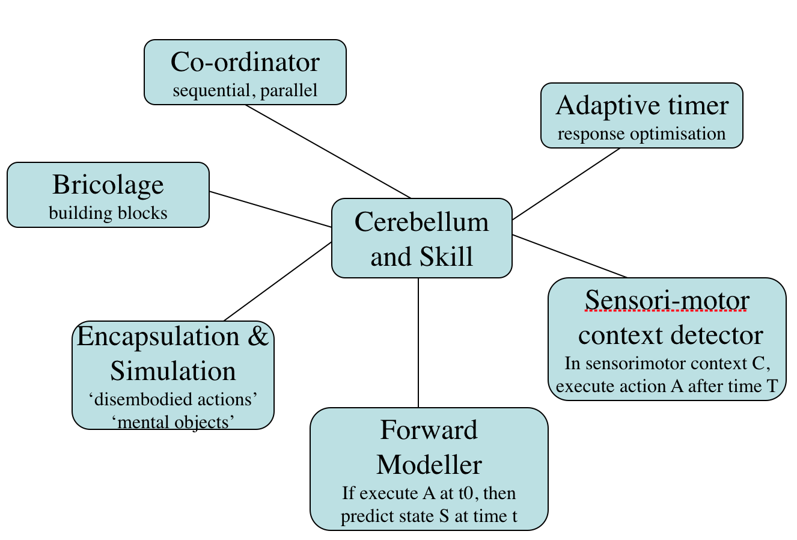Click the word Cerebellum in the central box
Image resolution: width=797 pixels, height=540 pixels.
pos(421,222)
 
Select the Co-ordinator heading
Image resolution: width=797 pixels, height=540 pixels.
pos(245,63)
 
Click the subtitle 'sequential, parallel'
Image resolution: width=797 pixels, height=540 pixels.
pos(245,91)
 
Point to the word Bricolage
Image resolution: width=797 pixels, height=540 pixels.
pos(108,185)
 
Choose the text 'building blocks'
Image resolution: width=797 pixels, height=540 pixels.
pos(108,213)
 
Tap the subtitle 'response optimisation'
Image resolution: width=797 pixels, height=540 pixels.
pos(642,133)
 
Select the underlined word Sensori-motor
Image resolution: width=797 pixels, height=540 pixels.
pos(667,300)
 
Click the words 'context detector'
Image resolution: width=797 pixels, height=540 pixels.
pos(670,335)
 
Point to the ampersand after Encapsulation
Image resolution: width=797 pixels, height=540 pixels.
pos(258,337)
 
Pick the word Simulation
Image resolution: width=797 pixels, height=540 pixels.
pos(173,371)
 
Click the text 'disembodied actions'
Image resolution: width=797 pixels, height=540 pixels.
pos(173,399)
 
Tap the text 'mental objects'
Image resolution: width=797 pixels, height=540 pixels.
pos(173,422)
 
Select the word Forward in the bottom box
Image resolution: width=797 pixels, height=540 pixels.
pos(429,431)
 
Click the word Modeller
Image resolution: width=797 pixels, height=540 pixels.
pos(429,465)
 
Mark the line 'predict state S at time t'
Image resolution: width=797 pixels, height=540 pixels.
pos(429,517)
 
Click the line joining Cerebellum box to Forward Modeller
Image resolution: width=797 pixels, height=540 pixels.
pos(418,343)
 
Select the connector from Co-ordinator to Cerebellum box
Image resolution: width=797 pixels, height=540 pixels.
pos(328,151)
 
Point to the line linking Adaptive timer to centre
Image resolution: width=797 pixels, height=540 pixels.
pos(566,183)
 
